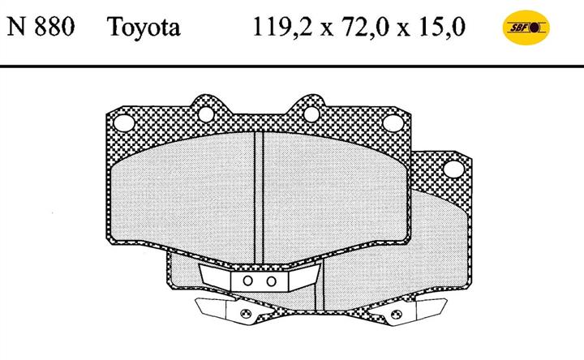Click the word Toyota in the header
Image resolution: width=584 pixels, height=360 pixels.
tap(144, 28)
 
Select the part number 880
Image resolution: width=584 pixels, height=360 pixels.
tap(55, 27)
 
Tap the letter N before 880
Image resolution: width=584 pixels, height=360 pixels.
tap(17, 27)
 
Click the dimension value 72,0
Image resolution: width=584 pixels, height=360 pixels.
tap(367, 28)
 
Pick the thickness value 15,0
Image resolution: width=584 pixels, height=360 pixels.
tap(442, 28)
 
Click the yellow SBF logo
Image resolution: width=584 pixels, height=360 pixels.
tap(526, 28)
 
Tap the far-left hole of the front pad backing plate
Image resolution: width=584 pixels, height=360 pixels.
tap(124, 122)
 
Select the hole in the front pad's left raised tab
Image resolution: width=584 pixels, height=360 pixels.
tap(206, 114)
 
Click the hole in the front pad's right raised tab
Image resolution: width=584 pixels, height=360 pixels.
tap(311, 114)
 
